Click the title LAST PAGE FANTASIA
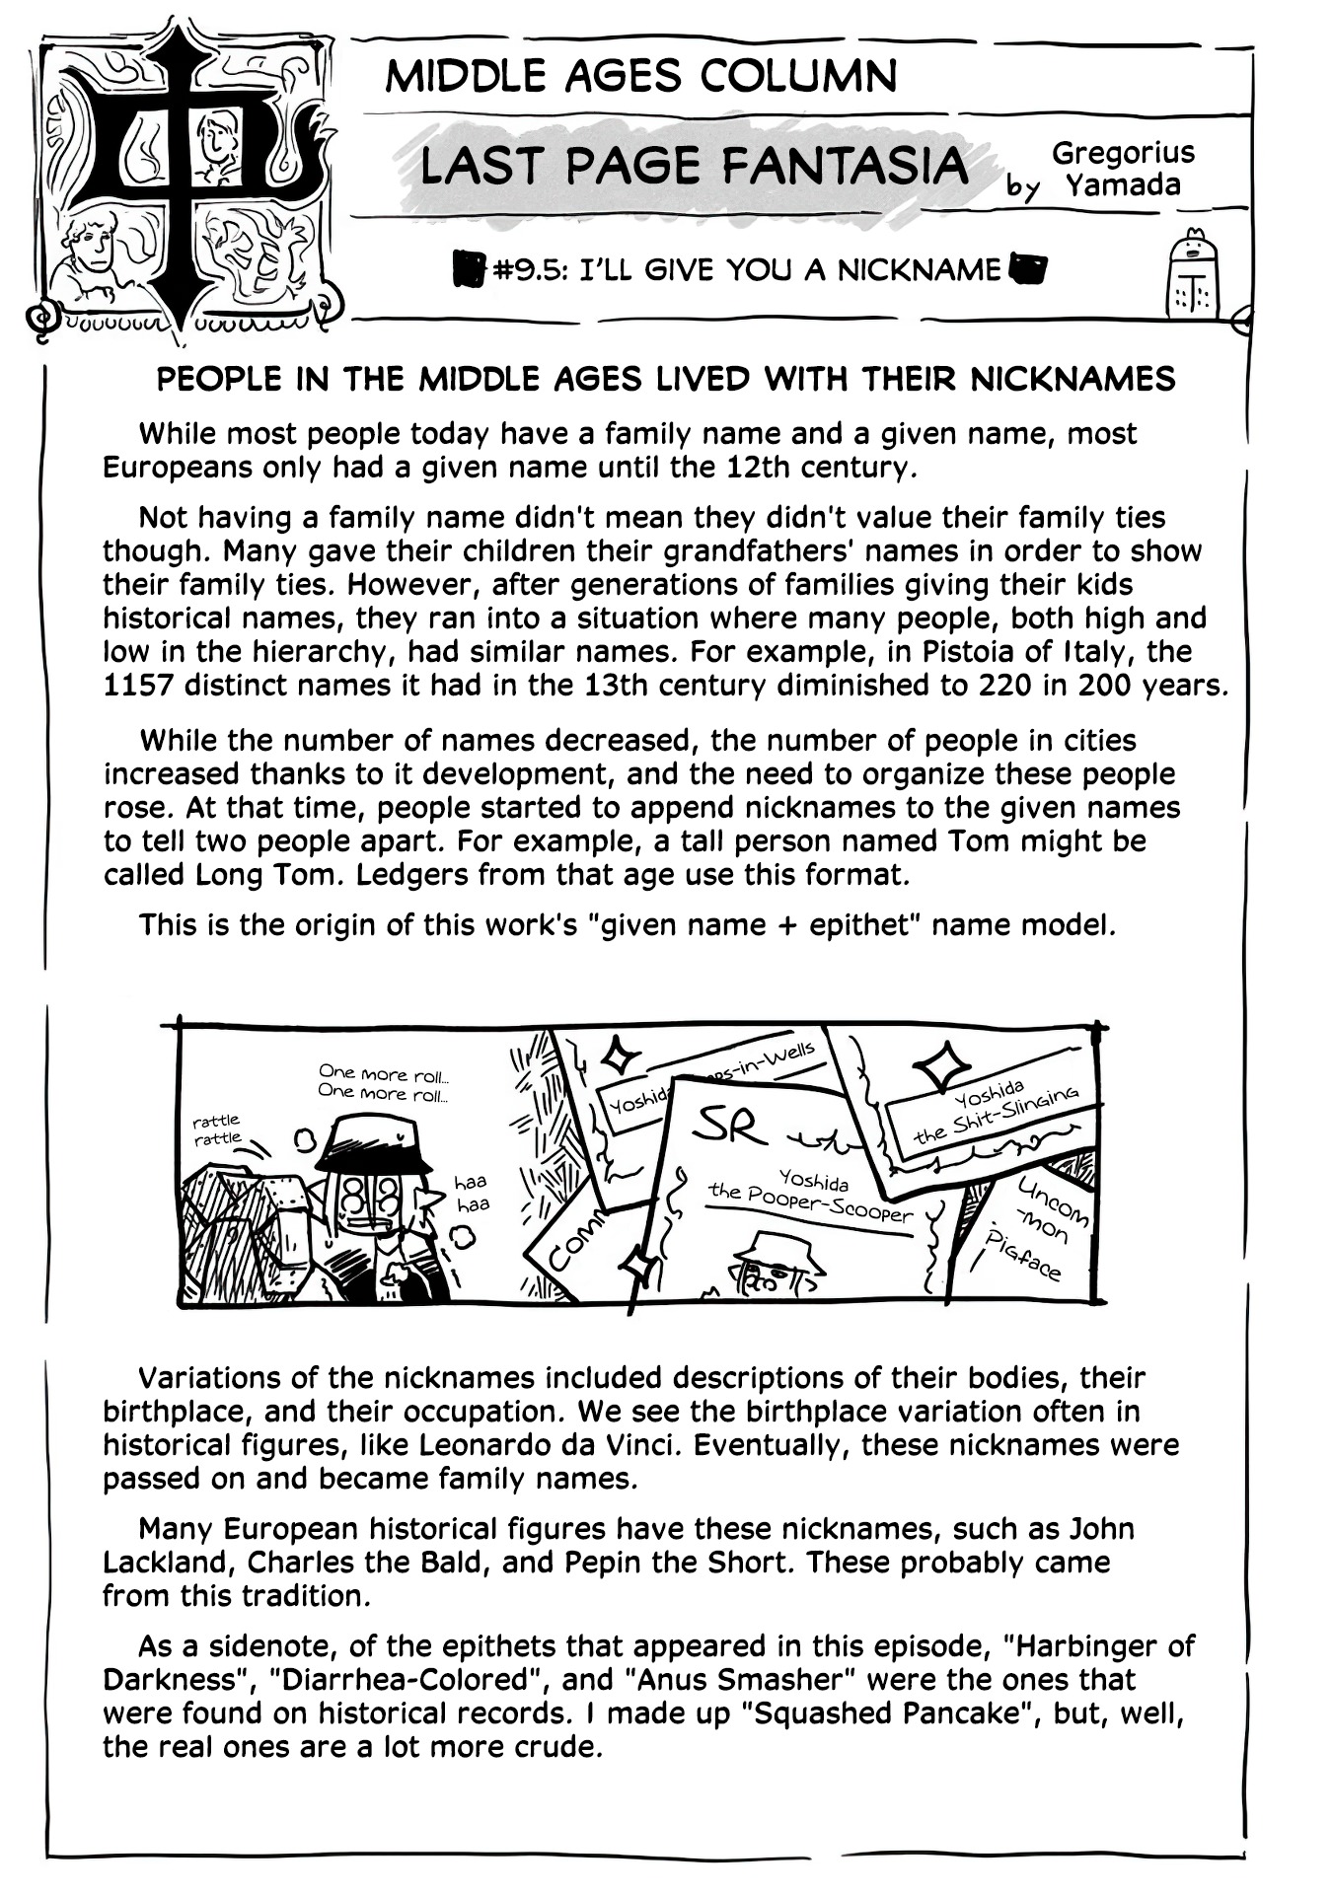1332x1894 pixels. click(x=694, y=166)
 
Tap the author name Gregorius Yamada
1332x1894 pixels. click(x=1122, y=169)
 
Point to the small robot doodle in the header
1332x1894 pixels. click(x=1192, y=279)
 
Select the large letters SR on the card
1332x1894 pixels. click(x=730, y=1126)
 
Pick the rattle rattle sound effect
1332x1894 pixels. click(x=217, y=1129)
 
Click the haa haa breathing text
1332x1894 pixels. click(x=471, y=1193)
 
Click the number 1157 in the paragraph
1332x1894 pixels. click(x=135, y=685)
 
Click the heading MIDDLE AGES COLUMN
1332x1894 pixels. click(x=641, y=76)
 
